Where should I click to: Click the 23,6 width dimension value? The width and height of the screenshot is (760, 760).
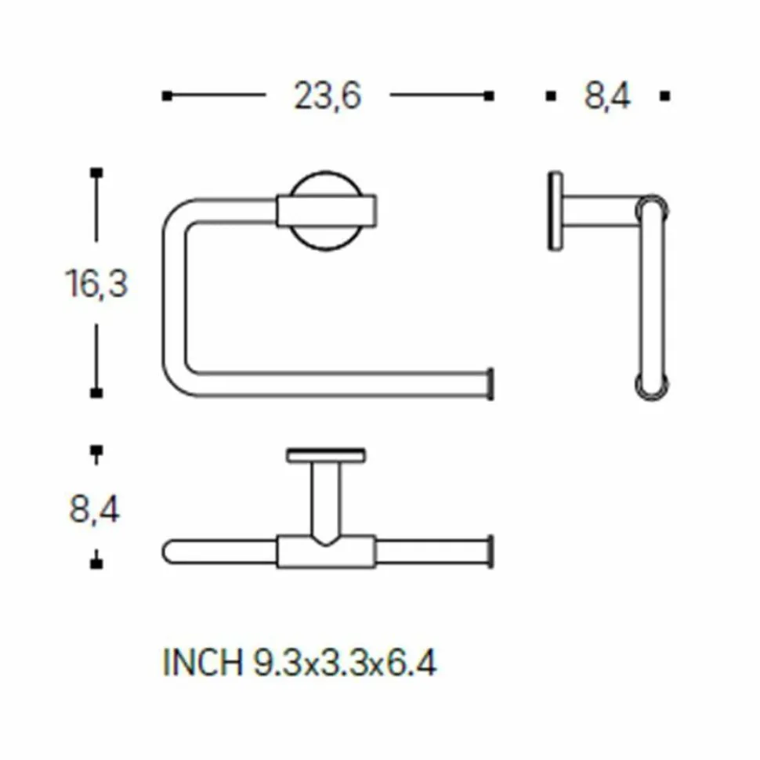pos(328,96)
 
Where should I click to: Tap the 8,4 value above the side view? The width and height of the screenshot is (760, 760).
pos(607,96)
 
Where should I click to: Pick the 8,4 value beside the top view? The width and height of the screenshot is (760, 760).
pos(95,509)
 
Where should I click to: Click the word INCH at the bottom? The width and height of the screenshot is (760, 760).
pos(203,663)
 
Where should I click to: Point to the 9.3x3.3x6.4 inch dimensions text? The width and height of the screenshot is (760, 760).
pos(345,663)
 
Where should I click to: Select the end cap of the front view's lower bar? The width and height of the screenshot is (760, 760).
pos(490,384)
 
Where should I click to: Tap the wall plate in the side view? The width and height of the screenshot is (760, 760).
pos(556,211)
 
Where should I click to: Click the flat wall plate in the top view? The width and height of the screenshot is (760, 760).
pos(326,456)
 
